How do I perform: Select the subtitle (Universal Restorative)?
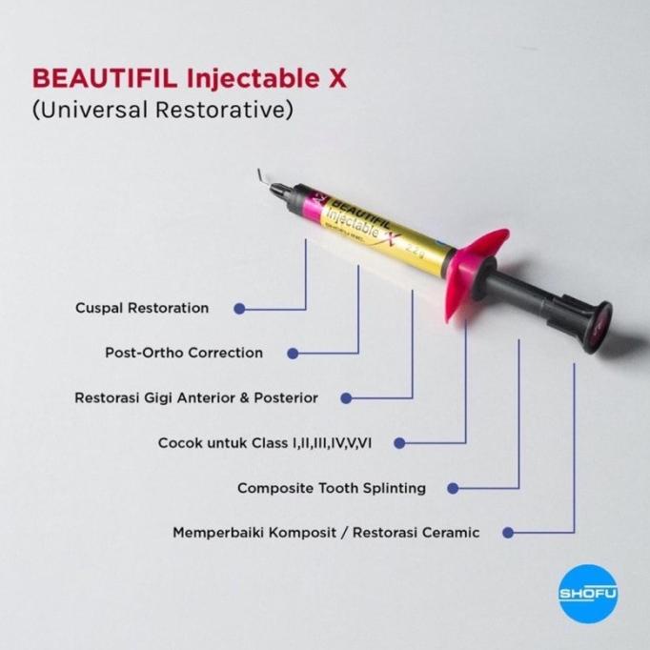[160, 110]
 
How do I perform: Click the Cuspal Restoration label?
[141, 309]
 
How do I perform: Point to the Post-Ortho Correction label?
[184, 353]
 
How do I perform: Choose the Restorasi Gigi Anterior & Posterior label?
[196, 397]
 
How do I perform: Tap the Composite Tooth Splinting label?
[332, 488]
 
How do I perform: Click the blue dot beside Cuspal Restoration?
[238, 309]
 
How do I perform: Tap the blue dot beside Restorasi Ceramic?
[509, 532]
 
